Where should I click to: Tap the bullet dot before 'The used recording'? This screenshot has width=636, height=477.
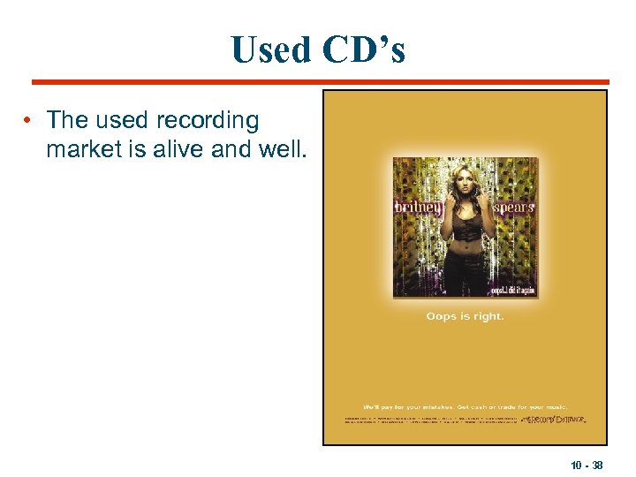tap(30, 119)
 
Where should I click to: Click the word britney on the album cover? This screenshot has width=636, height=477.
tap(417, 207)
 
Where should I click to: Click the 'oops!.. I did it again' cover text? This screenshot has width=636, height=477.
tap(512, 289)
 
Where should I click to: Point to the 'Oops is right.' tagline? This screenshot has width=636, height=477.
tap(465, 316)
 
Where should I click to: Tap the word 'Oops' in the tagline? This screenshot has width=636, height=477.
tap(443, 316)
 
